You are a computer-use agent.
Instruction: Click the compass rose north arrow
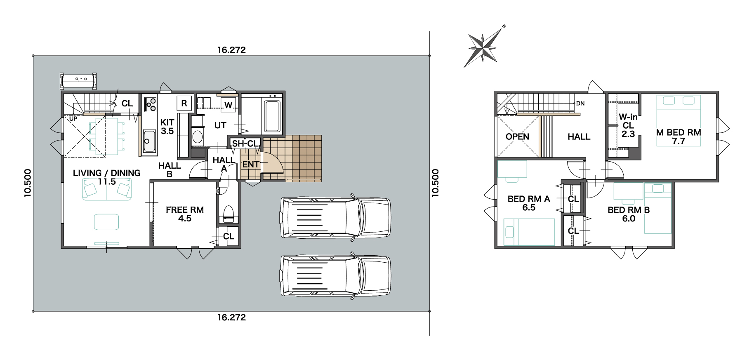point(483,46)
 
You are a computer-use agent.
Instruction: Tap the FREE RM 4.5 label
point(185,214)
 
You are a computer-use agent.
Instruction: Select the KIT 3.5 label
point(167,127)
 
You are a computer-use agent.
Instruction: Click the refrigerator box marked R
point(184,103)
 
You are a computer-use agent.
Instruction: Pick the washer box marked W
point(228,105)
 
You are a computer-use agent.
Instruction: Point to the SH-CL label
point(245,144)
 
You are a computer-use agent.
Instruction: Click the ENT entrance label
point(251,165)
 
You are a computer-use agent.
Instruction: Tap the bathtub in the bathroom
point(272,116)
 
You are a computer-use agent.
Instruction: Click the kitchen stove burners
point(150,104)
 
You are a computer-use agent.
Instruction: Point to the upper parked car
point(335,217)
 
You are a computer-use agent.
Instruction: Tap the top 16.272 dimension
point(232,50)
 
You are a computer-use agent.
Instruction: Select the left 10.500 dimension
point(28,183)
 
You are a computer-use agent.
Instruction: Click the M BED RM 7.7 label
point(679,136)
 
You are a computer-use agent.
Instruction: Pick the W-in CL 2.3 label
point(628,125)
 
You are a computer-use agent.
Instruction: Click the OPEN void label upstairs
point(517,136)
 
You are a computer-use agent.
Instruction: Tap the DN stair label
point(580,104)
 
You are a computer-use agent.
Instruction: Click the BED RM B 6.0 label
point(629,214)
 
